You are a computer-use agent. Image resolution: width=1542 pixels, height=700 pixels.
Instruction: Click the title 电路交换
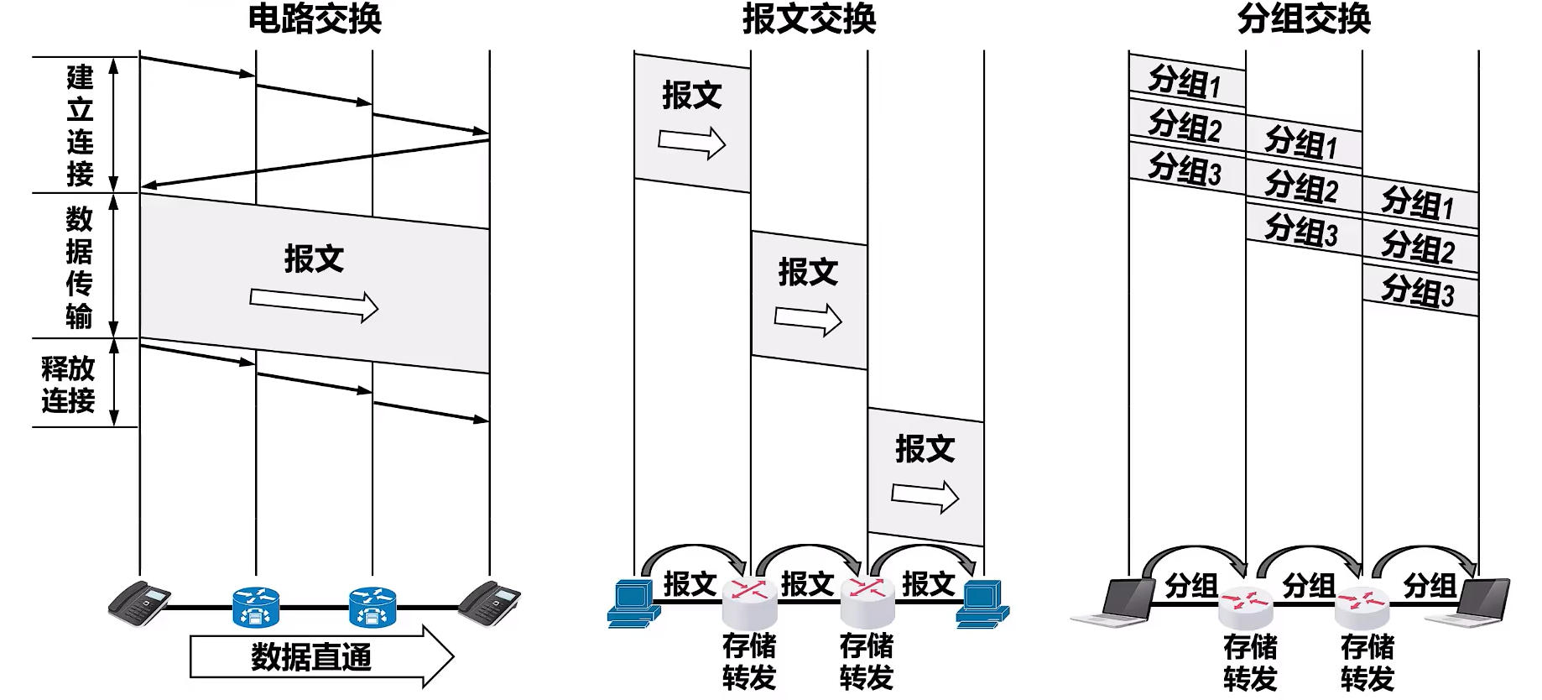coord(315,18)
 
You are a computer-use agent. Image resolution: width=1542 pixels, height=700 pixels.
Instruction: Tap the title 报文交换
coord(809,18)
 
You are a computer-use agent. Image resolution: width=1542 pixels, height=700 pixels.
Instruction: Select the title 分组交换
coord(1304,18)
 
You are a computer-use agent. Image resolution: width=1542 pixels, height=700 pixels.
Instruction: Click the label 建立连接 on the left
coord(80,125)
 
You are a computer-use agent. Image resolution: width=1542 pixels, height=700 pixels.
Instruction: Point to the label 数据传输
coord(80,267)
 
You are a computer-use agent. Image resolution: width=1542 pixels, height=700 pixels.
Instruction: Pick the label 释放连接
coord(69,384)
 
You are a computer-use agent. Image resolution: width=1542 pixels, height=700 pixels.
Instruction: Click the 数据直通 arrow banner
coord(321,656)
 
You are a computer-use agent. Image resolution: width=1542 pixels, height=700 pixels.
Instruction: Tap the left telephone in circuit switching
coord(139,602)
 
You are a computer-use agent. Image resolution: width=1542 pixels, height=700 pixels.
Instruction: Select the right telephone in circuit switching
coord(489,602)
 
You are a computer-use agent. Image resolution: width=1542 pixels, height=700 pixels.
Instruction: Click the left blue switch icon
coord(256,608)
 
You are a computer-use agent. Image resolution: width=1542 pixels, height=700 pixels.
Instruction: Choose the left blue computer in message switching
coord(633,603)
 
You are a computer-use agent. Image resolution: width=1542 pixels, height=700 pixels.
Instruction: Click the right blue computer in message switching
coord(982,603)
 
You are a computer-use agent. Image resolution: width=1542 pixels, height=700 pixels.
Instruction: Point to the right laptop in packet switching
coord(1469,602)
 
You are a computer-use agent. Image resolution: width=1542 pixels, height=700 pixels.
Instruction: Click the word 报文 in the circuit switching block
coord(315,259)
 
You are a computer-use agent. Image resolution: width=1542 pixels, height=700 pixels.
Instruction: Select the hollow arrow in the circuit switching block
coord(314,304)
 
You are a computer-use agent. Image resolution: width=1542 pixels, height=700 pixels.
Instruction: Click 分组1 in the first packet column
coord(1185,81)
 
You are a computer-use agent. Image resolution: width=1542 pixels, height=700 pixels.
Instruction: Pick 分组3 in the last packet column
coord(1418,291)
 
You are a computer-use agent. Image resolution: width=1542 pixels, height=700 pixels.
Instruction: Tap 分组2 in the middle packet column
coord(1301,186)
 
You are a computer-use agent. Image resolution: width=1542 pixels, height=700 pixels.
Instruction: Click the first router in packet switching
coord(1245,607)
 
